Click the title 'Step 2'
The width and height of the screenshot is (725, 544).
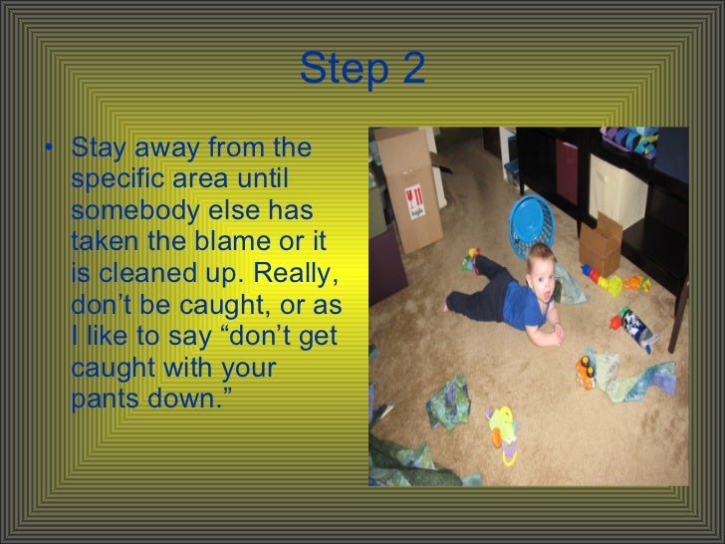pos(362,69)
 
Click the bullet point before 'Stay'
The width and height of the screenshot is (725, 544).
pos(50,153)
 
